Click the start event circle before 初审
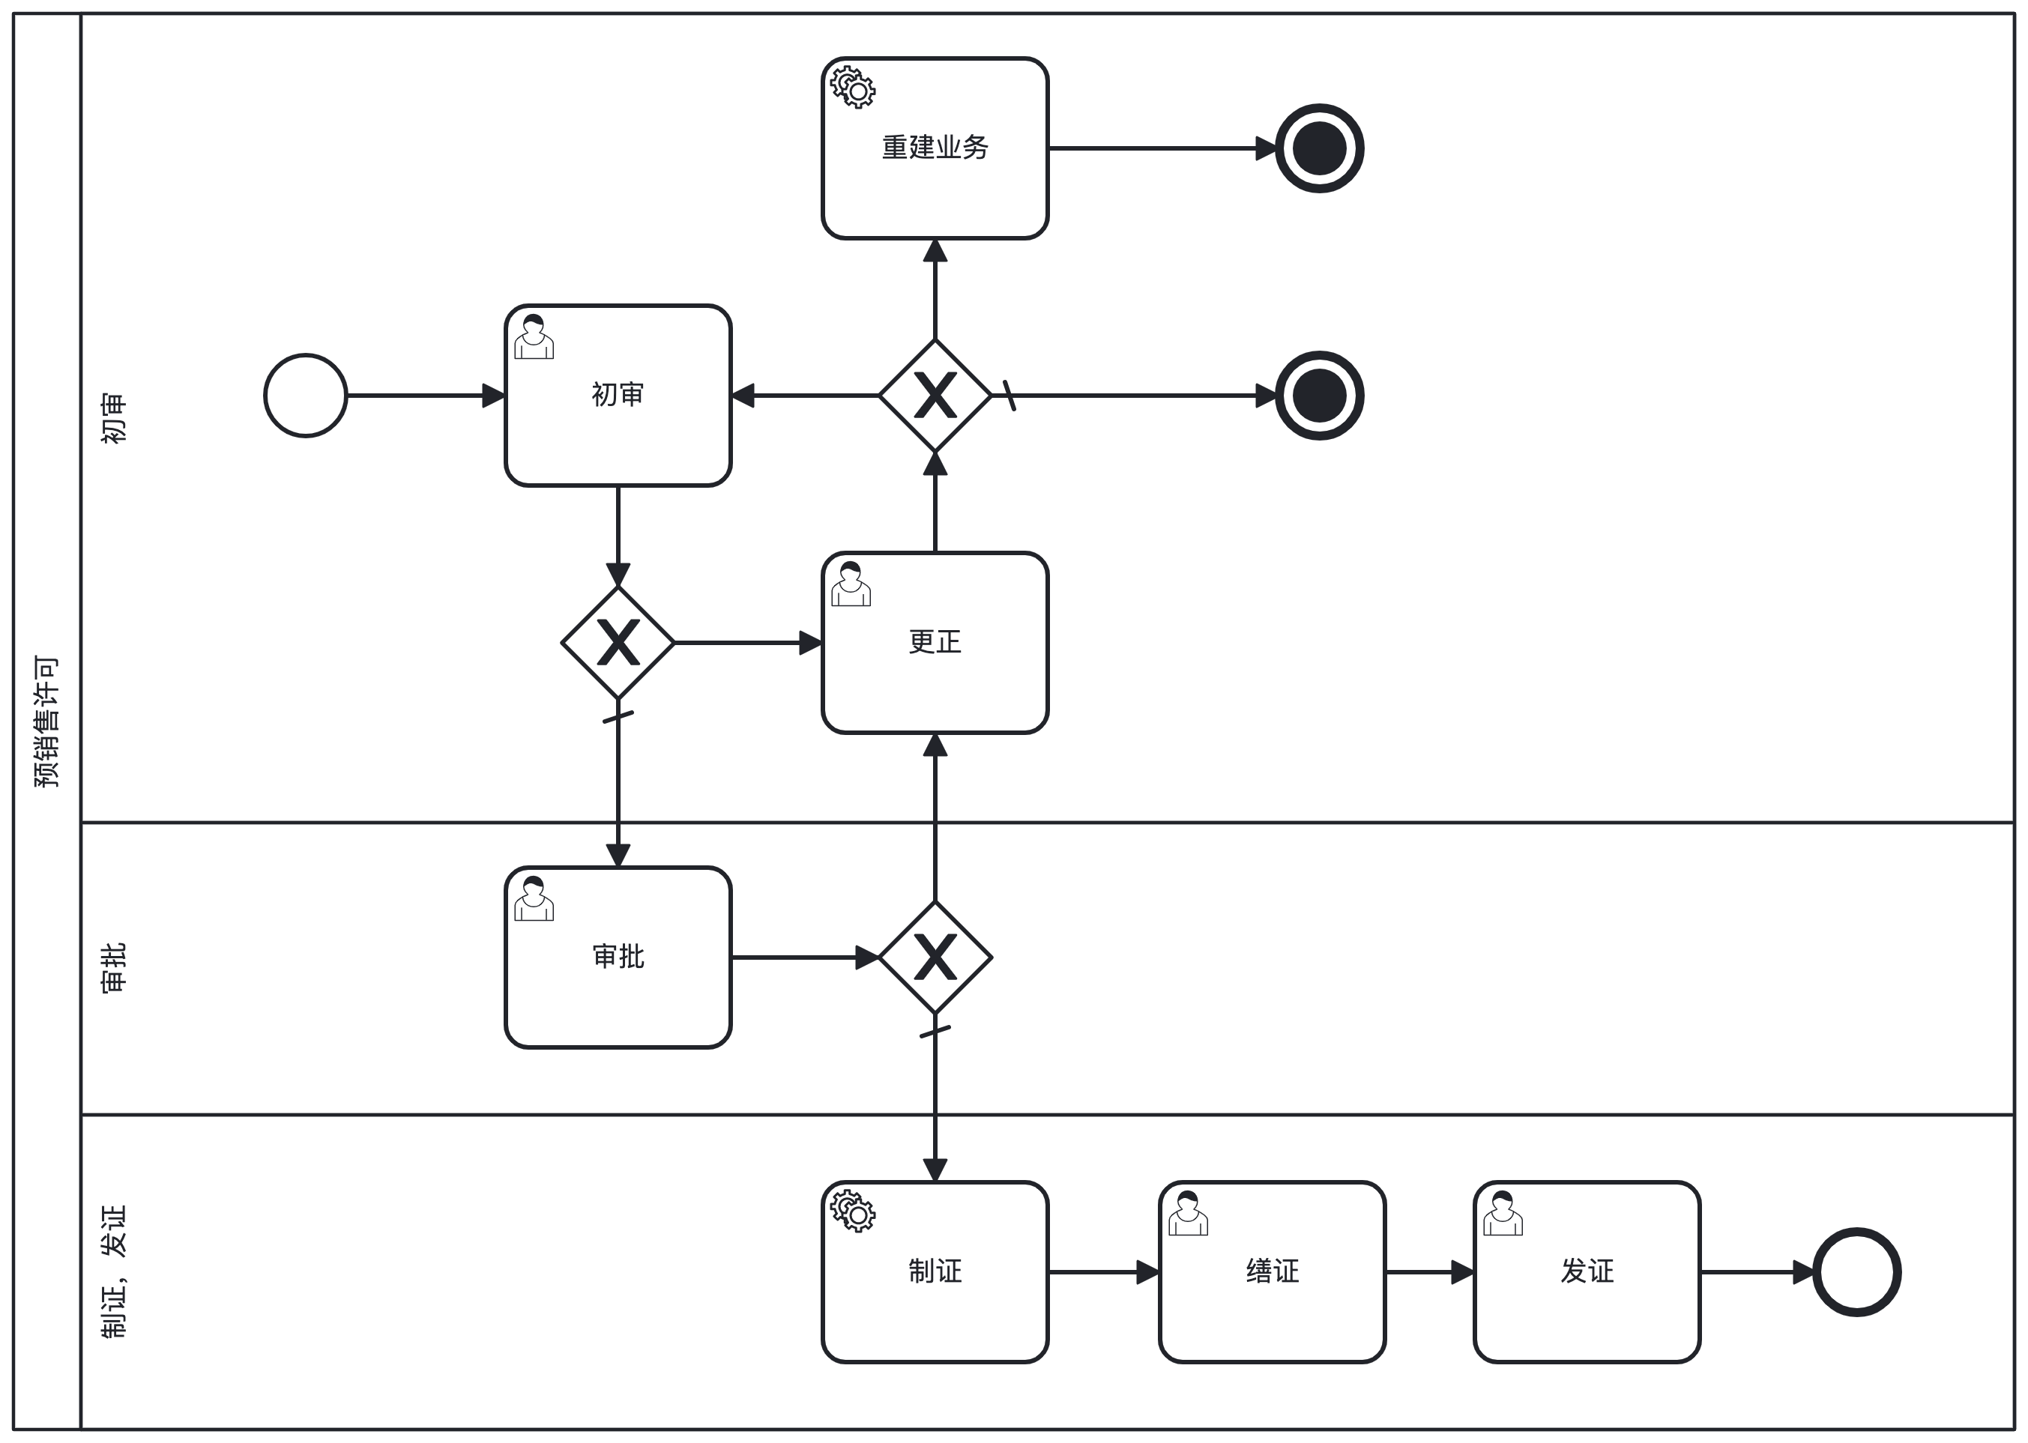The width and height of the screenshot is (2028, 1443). pyautogui.click(x=305, y=396)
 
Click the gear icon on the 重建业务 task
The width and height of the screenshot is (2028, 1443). pyautogui.click(x=853, y=87)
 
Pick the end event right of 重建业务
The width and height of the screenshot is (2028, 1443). pyautogui.click(x=1320, y=148)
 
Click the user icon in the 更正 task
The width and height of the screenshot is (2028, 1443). pyautogui.click(x=851, y=584)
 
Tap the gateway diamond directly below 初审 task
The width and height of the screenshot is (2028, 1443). pyautogui.click(x=618, y=642)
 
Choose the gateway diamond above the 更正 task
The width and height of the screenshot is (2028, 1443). pyautogui.click(x=935, y=396)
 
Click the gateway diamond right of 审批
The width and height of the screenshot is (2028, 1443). pyautogui.click(x=935, y=958)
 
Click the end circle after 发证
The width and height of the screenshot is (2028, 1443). pyautogui.click(x=1856, y=1272)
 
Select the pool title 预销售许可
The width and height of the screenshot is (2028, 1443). pyautogui.click(x=46, y=721)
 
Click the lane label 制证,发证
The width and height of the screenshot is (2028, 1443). pyautogui.click(x=114, y=1272)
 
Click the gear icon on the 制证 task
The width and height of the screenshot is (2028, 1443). pyautogui.click(x=853, y=1211)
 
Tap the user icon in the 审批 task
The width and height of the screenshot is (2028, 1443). pyautogui.click(x=533, y=898)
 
